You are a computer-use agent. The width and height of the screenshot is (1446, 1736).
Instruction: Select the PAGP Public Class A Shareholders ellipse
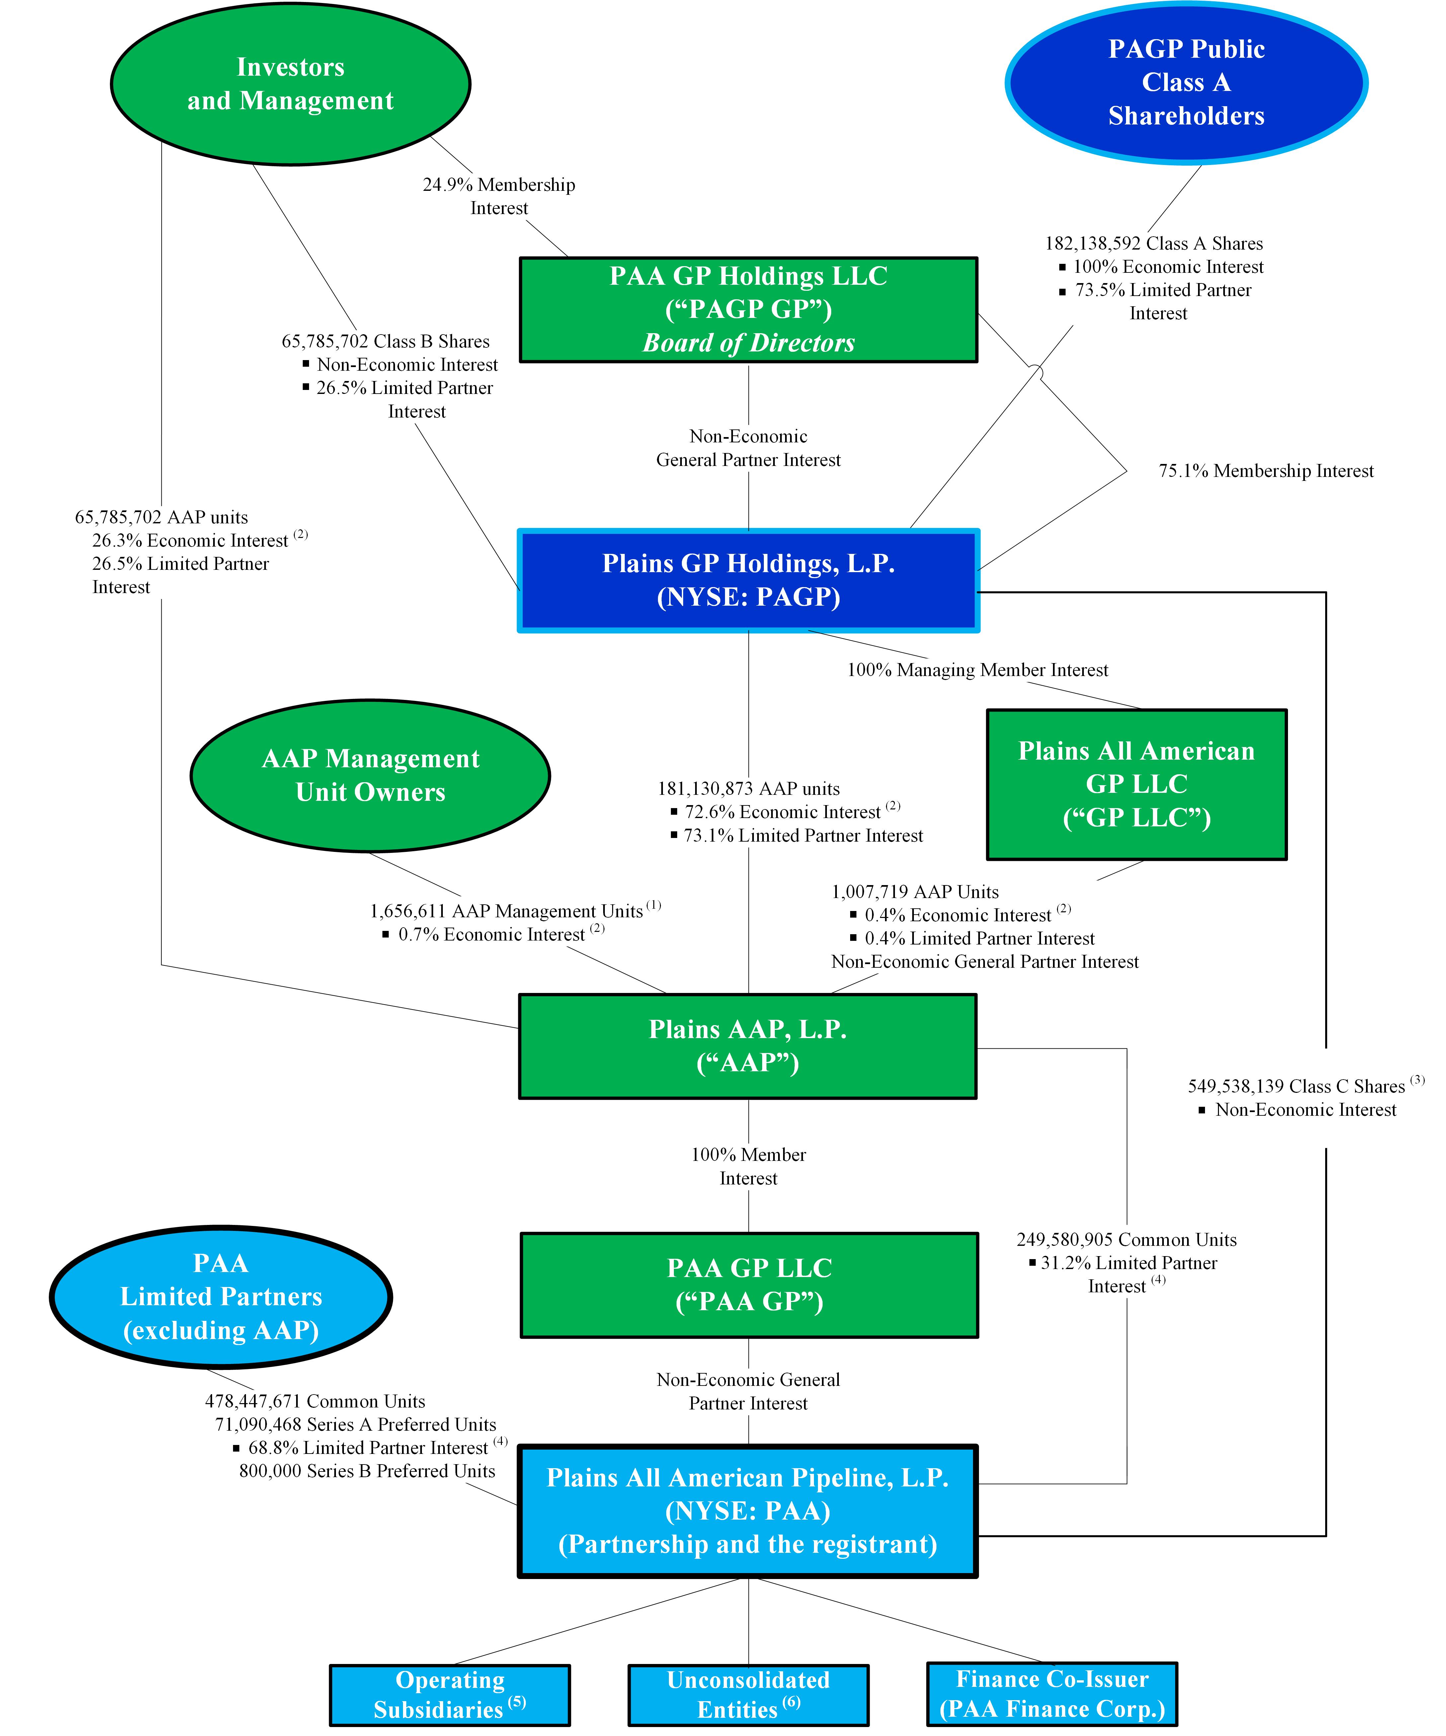click(1185, 83)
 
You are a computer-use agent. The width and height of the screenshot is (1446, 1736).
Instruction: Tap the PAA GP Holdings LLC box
click(748, 309)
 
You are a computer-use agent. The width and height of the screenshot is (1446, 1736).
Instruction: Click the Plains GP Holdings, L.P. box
click(748, 580)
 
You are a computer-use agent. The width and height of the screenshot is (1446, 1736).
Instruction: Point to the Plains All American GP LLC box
click(1136, 784)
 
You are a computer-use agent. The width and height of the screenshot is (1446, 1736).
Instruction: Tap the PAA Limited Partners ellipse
click(221, 1296)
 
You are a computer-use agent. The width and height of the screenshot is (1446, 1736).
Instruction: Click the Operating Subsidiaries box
click(450, 1695)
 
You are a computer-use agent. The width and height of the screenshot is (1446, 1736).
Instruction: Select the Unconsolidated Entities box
click(748, 1695)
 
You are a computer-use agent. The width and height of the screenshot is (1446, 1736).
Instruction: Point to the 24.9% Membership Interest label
click(499, 196)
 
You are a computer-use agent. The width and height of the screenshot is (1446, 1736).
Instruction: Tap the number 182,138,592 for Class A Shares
click(1093, 243)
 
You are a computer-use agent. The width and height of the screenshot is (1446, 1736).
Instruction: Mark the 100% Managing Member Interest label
click(977, 670)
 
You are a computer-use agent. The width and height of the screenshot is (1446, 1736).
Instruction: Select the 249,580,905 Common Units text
click(1126, 1239)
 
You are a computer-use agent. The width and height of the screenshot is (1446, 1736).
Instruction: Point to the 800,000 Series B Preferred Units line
click(367, 1471)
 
